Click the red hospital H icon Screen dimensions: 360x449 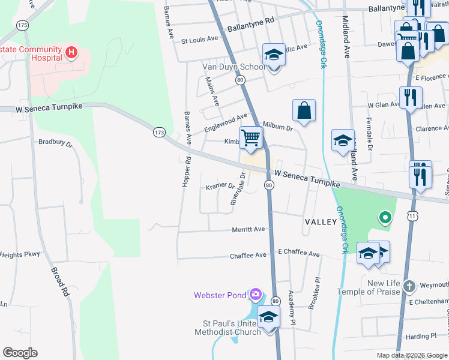point(71,52)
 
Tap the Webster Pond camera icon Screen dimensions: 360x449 point(256,294)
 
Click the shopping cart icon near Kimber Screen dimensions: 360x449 point(251,137)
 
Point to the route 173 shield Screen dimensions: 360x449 point(159,132)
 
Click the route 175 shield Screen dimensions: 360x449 point(23,25)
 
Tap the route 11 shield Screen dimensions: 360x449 point(412,215)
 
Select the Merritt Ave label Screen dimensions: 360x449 point(248,230)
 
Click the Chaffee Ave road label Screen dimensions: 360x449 point(248,256)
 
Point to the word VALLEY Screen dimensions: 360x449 point(321,222)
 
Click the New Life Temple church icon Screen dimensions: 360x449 point(409,286)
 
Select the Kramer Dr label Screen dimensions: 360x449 point(220,187)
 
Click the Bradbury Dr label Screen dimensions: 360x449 point(55,144)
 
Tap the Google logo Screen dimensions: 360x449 point(20,353)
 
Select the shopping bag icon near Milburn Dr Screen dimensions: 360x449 point(304,110)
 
